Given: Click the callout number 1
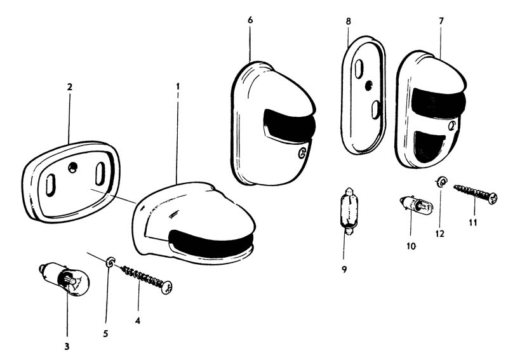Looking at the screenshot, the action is (178, 86).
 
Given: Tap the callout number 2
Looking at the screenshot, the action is (70, 87).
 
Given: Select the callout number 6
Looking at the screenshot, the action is (250, 20).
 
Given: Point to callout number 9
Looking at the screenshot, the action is (344, 269).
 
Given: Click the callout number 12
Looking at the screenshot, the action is (439, 233).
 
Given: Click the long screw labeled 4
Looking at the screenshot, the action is (147, 279).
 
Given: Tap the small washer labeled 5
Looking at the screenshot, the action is (110, 261).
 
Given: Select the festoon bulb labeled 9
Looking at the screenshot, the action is (349, 211).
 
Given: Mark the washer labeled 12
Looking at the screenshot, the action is (441, 182).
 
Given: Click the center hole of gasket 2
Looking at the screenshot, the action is (72, 167).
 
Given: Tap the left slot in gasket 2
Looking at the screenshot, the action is (50, 185).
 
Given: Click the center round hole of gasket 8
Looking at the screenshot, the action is (369, 86).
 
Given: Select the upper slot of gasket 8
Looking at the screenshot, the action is (359, 68).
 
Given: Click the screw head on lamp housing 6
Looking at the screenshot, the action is (302, 152).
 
